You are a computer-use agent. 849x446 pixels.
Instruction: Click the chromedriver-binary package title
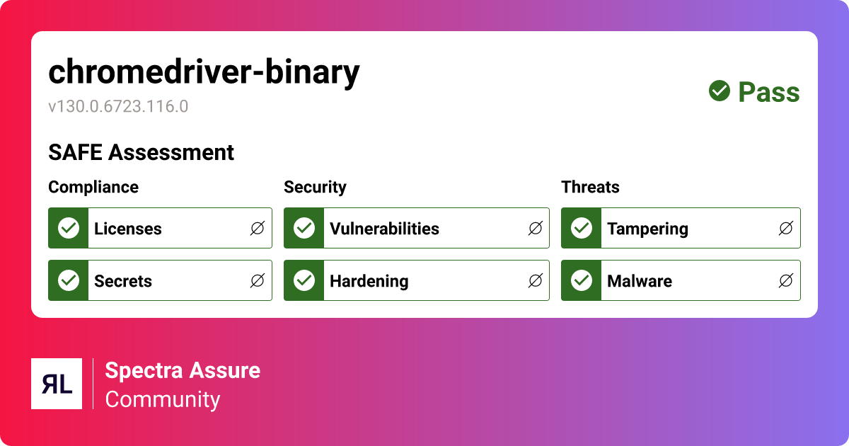pos(204,72)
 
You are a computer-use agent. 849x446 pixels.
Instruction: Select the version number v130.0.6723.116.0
pos(118,106)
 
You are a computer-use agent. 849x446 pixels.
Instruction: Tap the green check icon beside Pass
pos(719,91)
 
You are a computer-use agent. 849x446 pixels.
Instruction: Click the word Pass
pos(768,92)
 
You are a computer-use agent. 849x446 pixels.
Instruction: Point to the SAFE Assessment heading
pos(141,152)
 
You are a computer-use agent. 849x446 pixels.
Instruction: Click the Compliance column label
pos(93,188)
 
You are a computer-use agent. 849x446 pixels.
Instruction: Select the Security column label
pos(315,188)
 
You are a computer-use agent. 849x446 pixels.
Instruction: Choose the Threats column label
pos(590,187)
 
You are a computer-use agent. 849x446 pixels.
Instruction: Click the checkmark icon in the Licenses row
pos(69,228)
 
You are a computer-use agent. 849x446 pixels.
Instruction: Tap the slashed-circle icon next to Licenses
pos(258,228)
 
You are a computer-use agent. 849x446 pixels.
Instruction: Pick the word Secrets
pos(123,281)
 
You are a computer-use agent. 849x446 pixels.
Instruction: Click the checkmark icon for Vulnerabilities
pos(304,228)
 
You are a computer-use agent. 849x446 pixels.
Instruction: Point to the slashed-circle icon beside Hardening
pos(535,280)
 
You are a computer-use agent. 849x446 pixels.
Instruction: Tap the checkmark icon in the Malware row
pos(582,280)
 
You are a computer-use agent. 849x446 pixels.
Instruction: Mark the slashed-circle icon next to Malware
pos(786,280)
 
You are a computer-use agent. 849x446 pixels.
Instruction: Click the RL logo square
pos(57,384)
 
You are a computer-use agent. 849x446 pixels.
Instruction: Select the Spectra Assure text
pos(183,370)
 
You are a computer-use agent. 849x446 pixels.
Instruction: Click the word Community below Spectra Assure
pos(162,400)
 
